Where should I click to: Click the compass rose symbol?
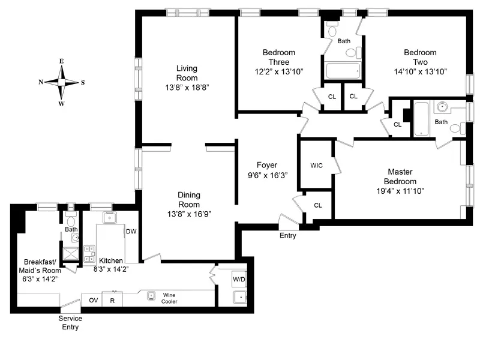[x=61, y=82]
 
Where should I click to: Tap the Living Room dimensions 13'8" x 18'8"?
[x=187, y=88]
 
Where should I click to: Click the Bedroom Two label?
[x=419, y=57]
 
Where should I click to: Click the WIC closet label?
[x=317, y=166]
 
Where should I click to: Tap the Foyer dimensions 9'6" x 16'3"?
[x=266, y=176]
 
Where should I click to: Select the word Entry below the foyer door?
[x=287, y=236]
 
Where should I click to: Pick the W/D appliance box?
[x=239, y=279]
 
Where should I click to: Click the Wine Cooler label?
[x=170, y=298]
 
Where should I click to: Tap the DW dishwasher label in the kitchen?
[x=131, y=231]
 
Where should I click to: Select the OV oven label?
[x=93, y=300]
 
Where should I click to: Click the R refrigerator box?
[x=112, y=300]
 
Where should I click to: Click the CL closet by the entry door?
[x=317, y=205]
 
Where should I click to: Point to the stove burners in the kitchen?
[x=90, y=253]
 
